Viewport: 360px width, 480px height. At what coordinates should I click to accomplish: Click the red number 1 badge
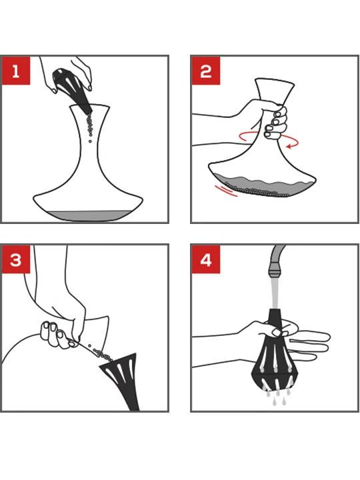(16, 71)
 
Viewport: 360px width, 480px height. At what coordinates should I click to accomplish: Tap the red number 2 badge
(206, 71)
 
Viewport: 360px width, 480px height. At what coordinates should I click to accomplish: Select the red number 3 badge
(16, 259)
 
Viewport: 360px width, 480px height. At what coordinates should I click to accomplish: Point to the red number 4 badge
(206, 259)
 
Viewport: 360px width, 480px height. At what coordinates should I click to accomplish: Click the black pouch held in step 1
(71, 89)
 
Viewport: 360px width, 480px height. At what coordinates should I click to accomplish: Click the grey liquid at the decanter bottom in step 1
(87, 215)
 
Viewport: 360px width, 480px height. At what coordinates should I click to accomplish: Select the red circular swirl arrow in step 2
(269, 139)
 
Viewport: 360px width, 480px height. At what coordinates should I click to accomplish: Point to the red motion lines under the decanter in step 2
(226, 191)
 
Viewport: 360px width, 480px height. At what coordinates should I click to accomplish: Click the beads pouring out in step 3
(101, 353)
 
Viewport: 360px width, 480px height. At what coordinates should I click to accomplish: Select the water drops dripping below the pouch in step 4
(278, 397)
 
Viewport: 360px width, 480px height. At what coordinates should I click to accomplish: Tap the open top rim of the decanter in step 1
(89, 106)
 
